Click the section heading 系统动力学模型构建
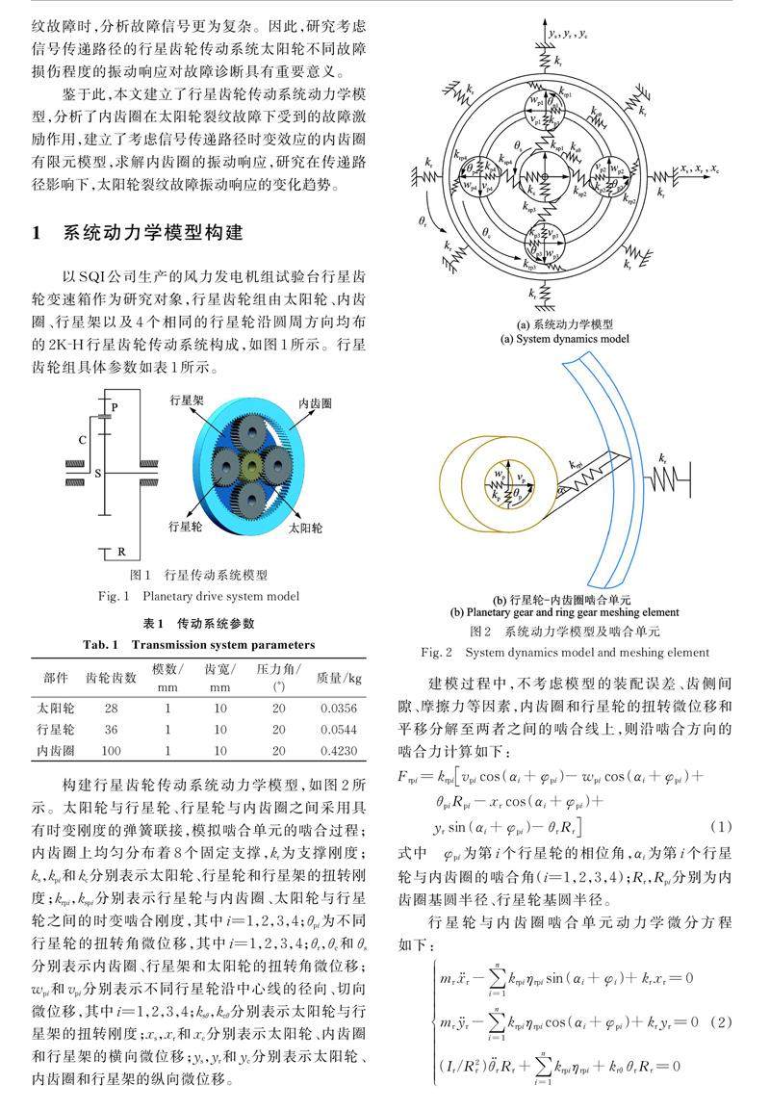pyautogui.click(x=153, y=233)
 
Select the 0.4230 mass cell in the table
pyautogui.click(x=339, y=750)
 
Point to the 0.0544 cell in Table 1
pyautogui.click(x=339, y=729)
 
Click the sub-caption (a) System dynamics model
pyautogui.click(x=565, y=339)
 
